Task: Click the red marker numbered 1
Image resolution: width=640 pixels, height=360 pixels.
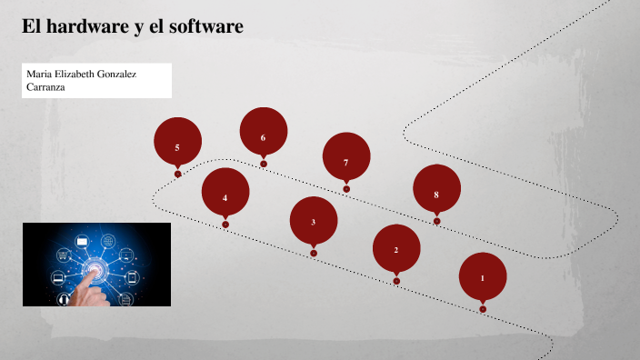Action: click(x=483, y=277)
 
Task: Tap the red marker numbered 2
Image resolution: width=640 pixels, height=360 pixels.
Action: click(x=396, y=249)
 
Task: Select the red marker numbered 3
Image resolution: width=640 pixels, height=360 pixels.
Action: click(x=314, y=221)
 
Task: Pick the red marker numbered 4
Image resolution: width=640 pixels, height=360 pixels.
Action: click(x=225, y=196)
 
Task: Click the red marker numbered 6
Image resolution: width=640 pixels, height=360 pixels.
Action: click(x=264, y=136)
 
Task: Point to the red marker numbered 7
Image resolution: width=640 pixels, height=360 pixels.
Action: click(x=346, y=161)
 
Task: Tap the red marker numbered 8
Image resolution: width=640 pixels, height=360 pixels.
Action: click(x=436, y=194)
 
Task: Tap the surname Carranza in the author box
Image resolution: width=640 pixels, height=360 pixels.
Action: click(x=46, y=87)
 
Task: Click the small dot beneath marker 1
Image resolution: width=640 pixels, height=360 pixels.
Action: click(x=483, y=309)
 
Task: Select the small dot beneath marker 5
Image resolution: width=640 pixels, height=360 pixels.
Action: click(x=177, y=174)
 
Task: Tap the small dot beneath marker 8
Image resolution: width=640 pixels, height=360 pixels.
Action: click(x=436, y=221)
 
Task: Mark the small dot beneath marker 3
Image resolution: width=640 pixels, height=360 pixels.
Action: click(x=314, y=253)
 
